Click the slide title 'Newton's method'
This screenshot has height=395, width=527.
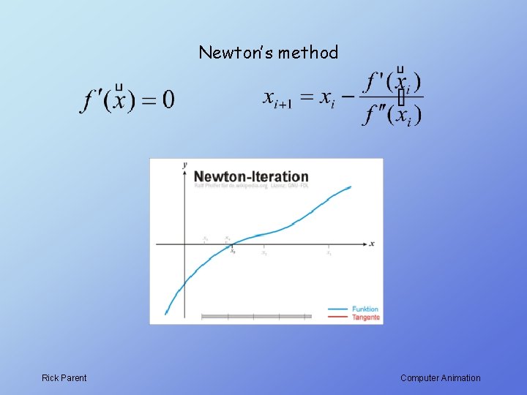click(x=268, y=53)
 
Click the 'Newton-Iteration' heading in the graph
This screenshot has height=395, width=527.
click(x=251, y=176)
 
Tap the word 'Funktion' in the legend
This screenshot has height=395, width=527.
click(x=365, y=309)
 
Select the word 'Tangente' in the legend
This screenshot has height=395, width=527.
click(x=366, y=317)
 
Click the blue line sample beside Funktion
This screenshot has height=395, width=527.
click(x=337, y=309)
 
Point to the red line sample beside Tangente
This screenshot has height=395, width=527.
click(x=337, y=317)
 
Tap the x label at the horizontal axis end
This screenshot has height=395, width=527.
click(x=372, y=244)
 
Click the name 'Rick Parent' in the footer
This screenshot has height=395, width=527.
click(x=64, y=378)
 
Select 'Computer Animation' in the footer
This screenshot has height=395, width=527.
click(x=441, y=378)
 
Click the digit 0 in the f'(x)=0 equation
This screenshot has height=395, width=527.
click(x=168, y=99)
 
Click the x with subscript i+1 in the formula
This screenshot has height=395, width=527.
click(x=276, y=98)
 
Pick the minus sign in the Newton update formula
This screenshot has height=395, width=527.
click(x=348, y=97)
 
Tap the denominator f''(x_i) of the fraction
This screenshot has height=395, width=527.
click(x=392, y=114)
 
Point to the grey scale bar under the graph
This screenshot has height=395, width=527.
click(x=256, y=317)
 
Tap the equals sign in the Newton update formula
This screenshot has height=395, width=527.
click(x=306, y=97)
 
